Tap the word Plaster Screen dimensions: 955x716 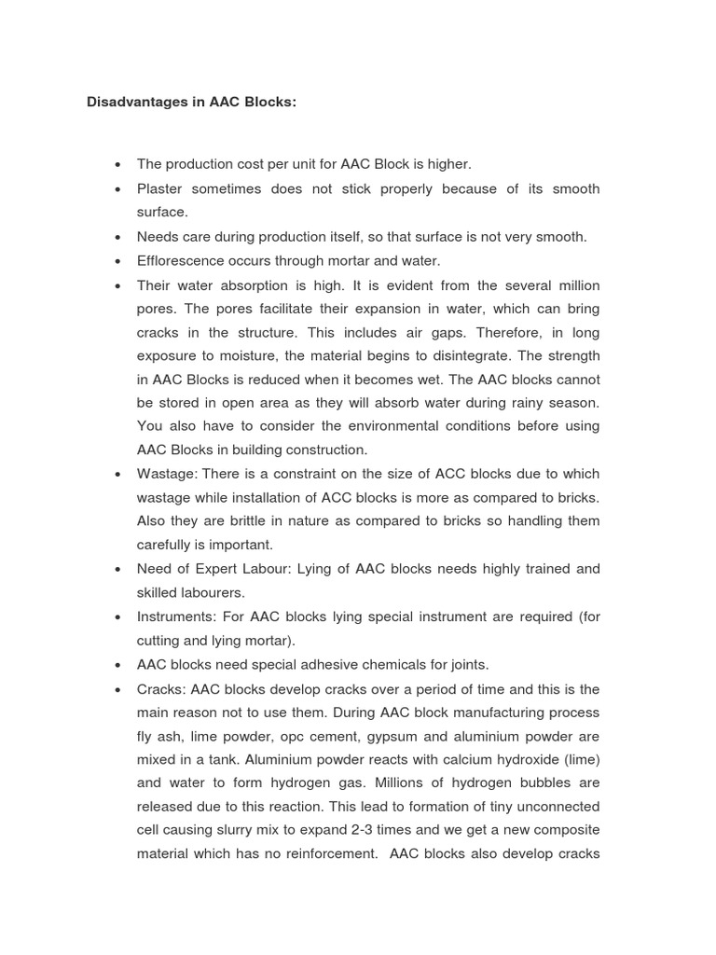159,189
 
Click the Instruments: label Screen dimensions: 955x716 174,616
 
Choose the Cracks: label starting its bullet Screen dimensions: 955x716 161,689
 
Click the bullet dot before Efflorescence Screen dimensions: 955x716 117,262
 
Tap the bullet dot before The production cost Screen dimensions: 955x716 117,165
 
